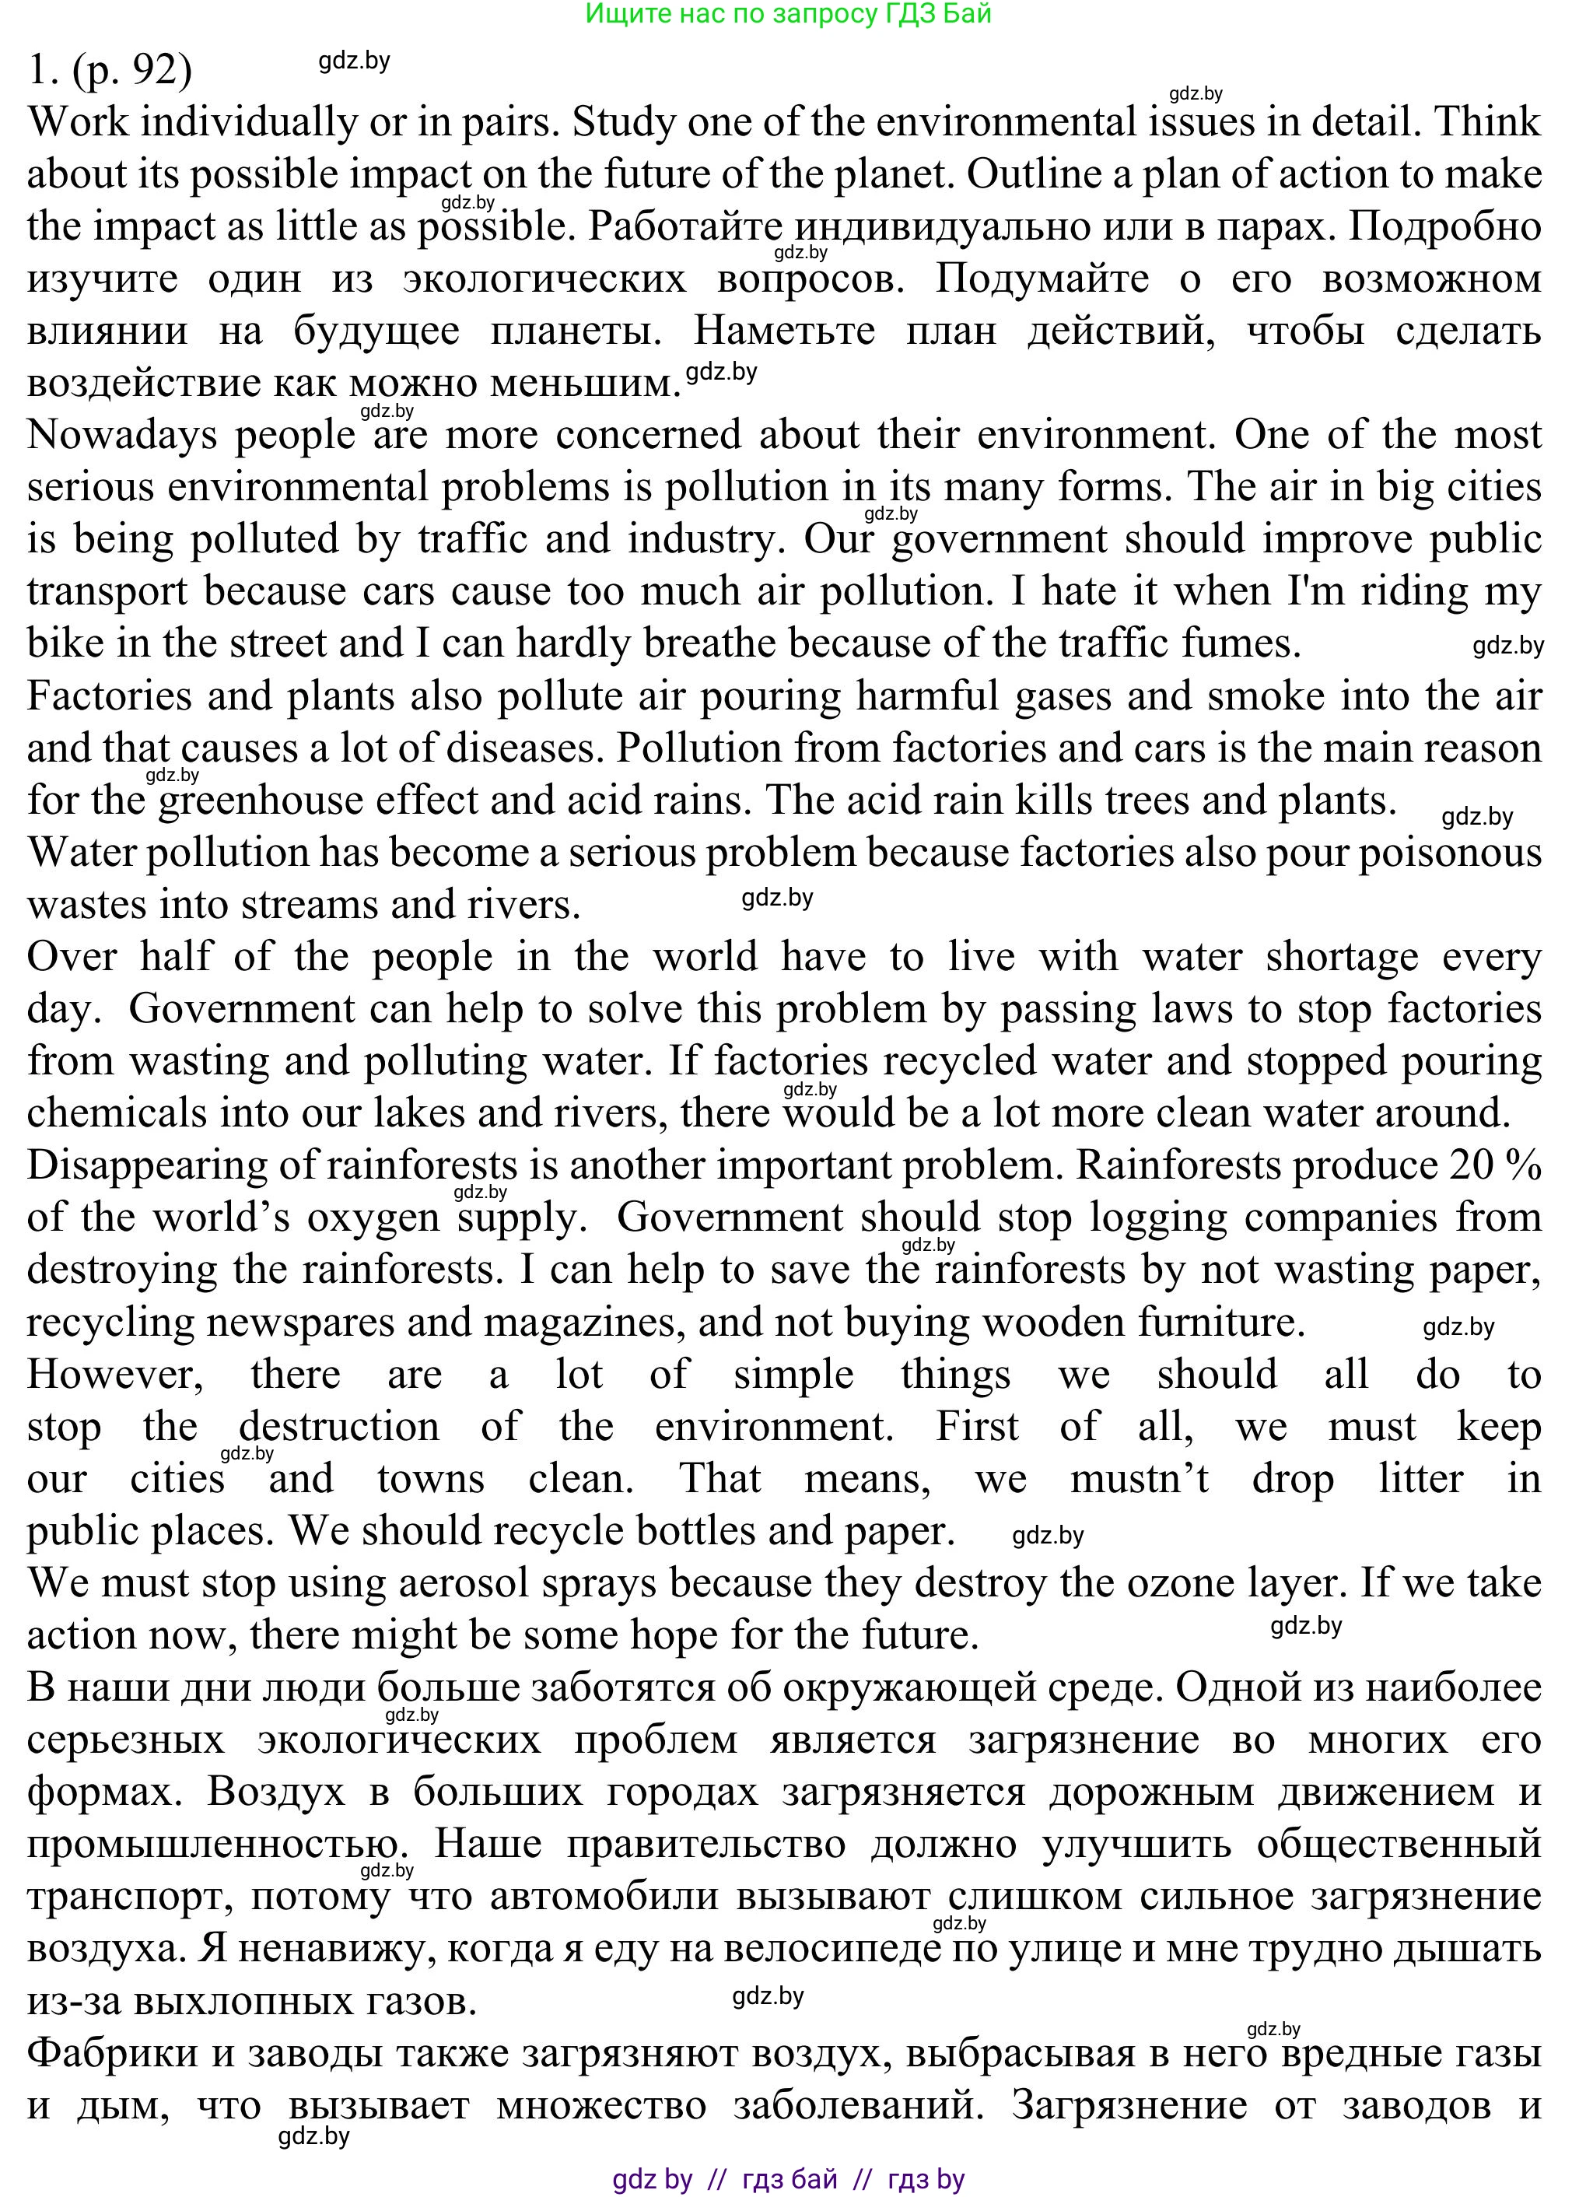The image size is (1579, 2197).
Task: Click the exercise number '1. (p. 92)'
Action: tap(110, 70)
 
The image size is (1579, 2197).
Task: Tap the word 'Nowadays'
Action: tap(122, 435)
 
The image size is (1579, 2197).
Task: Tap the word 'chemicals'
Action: tap(116, 1114)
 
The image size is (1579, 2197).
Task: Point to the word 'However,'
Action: tap(115, 1375)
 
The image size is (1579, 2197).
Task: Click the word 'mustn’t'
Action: tap(1140, 1479)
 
